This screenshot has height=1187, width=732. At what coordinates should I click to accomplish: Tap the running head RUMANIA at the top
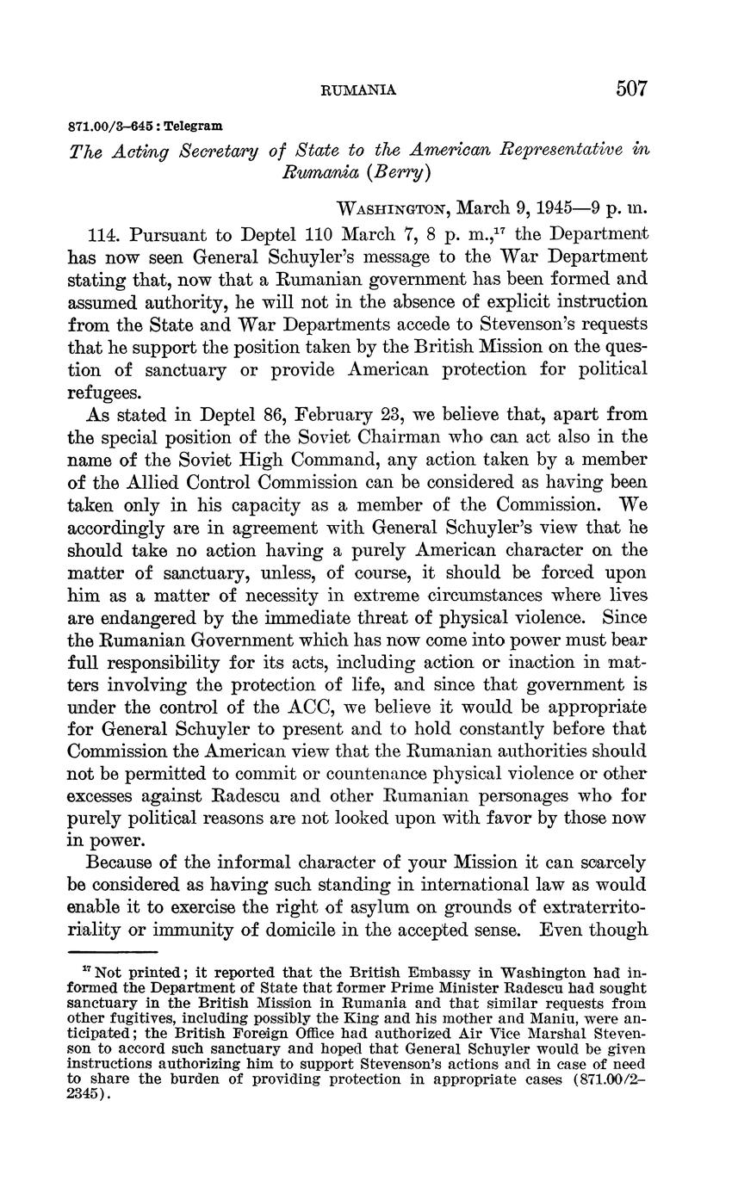(x=358, y=90)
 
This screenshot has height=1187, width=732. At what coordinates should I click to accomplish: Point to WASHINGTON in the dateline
(x=392, y=209)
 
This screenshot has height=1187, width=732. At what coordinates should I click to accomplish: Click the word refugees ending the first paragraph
(x=102, y=392)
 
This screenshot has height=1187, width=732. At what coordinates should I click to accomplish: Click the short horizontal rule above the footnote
(x=113, y=952)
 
